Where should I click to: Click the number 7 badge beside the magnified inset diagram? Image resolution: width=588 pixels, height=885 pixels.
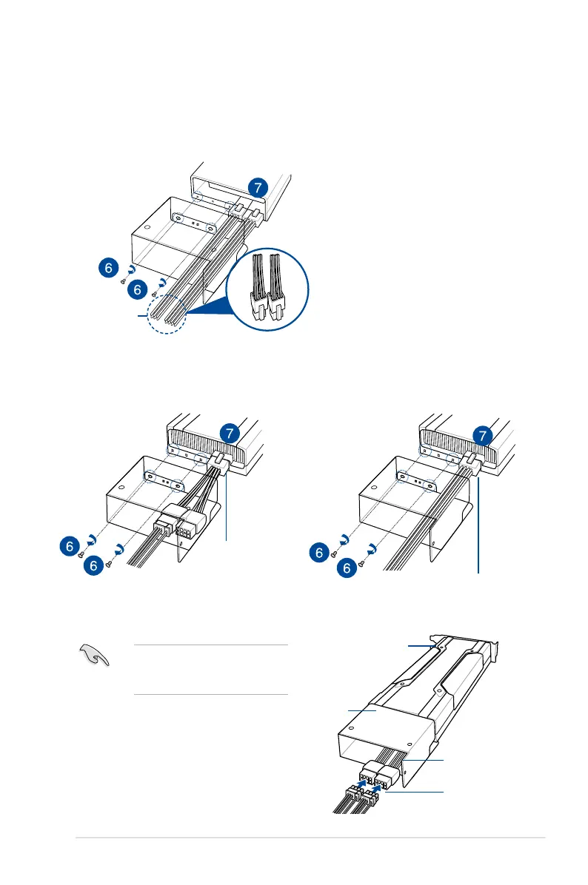pyautogui.click(x=255, y=188)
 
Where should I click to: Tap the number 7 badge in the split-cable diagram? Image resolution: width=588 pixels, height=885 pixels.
pyautogui.click(x=230, y=434)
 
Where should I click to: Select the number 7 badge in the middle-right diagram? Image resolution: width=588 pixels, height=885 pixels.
pyautogui.click(x=482, y=434)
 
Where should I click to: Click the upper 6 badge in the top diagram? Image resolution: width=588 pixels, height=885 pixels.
pyautogui.click(x=108, y=268)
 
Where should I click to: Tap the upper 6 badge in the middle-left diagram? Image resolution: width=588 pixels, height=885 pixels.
pyautogui.click(x=69, y=546)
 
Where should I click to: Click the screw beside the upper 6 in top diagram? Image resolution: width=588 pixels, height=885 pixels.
pyautogui.click(x=124, y=282)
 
